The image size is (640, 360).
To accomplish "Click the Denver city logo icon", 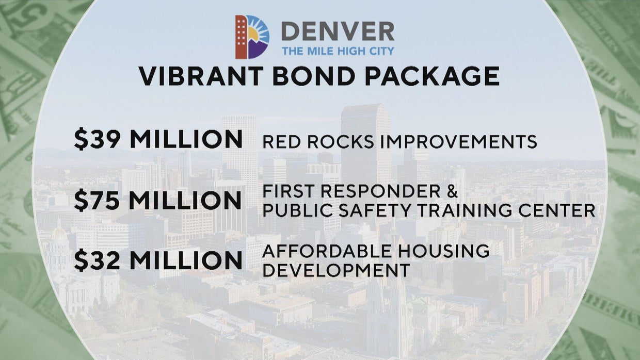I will point(252,37).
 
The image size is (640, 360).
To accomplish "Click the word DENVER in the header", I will point(338,32).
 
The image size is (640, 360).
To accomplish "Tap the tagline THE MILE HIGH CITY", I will point(338,51).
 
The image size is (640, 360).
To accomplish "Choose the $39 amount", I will point(98,139).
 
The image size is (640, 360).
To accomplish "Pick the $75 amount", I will point(98,200).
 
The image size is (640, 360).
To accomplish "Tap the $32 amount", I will point(98,260).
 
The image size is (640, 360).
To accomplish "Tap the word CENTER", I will point(565,210).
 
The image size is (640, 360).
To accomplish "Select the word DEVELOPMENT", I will point(336,270).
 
